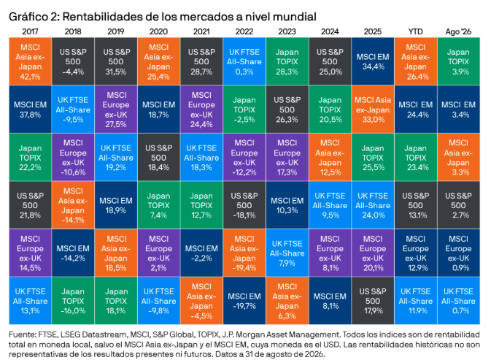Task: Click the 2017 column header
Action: (30, 31)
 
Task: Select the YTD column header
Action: (415, 31)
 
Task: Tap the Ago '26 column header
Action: (458, 31)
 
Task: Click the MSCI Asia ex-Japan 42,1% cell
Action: (30, 61)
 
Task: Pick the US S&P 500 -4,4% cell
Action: (73, 61)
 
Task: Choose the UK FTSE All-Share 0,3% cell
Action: (244, 61)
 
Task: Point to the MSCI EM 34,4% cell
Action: (373, 61)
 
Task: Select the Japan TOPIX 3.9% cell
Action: (458, 61)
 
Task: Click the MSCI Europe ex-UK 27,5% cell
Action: (116, 110)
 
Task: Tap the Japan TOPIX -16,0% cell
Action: (73, 301)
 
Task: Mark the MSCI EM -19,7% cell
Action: (244, 301)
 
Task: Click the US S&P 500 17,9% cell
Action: (373, 301)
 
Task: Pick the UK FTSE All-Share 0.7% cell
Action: (458, 301)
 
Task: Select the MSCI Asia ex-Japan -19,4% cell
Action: (244, 253)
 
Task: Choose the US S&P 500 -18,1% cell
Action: (244, 205)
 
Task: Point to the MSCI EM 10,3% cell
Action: (287, 205)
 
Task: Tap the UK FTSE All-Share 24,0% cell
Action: (373, 205)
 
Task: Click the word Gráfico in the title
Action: (28, 17)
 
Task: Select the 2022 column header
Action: (244, 31)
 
